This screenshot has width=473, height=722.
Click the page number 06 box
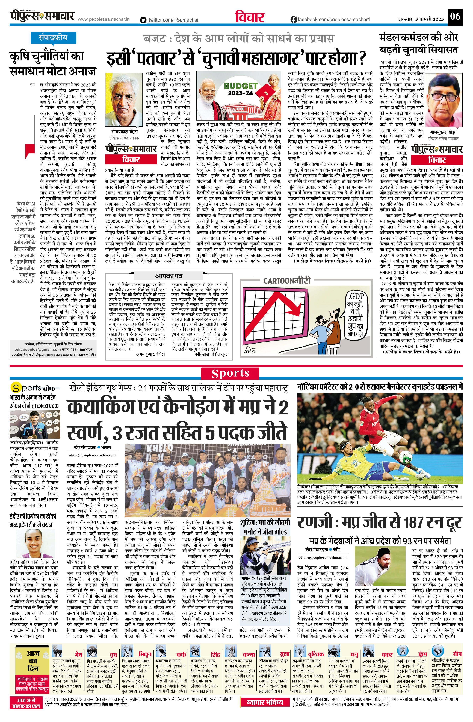point(455,16)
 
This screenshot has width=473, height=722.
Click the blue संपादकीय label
point(49,38)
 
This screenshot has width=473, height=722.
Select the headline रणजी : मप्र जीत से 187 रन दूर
point(379,522)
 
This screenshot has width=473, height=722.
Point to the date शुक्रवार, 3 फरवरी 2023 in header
point(421,19)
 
